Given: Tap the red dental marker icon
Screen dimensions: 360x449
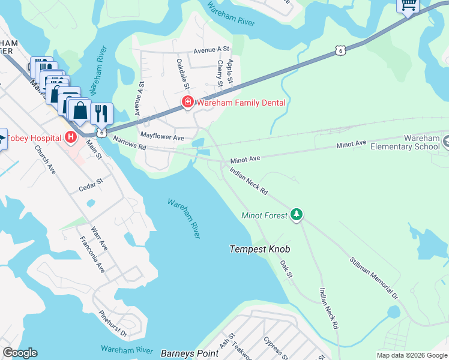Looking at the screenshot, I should click(188, 103).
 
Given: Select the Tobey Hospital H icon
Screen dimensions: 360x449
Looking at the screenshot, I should click(71, 138).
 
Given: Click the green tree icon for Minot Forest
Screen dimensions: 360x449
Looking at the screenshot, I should click(295, 214).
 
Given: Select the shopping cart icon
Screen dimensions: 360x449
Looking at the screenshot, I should click(408, 5).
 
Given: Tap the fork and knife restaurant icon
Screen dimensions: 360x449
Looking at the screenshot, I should click(101, 112).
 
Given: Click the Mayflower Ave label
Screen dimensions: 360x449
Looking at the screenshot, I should click(162, 137).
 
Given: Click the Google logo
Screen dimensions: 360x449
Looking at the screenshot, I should click(20, 353).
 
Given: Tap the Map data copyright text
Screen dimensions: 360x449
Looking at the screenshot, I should click(411, 355).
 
